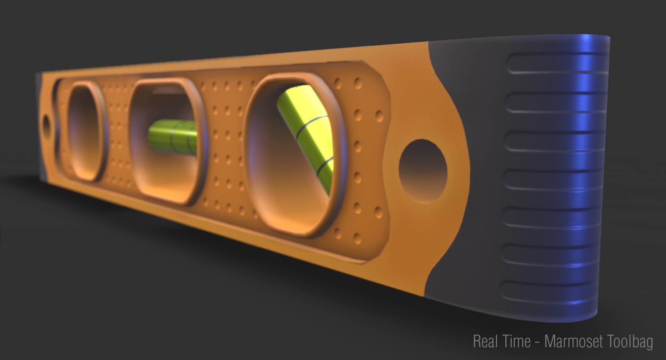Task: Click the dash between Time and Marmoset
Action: (537, 342)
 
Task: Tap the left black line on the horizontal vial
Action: (171, 135)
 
